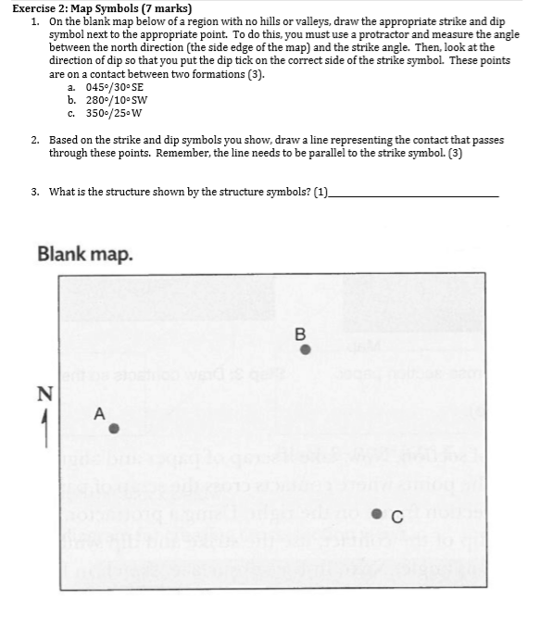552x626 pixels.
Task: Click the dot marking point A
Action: tap(114, 429)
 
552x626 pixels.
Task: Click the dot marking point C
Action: tap(379, 518)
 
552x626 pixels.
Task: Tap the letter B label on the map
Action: tap(299, 333)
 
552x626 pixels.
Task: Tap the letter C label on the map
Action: tap(396, 518)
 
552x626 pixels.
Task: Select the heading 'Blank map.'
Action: tap(85, 253)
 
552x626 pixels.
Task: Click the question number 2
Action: tap(34, 140)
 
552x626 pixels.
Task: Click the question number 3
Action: tap(34, 192)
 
